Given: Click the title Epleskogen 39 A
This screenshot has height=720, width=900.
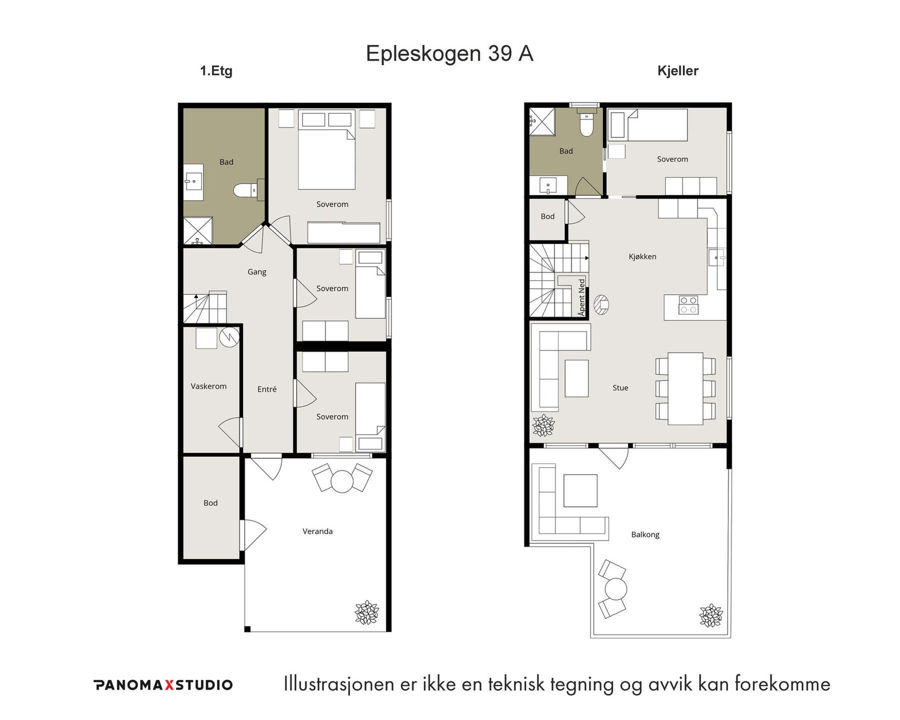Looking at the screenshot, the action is [449, 53].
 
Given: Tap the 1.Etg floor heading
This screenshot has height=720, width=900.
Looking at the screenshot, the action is [216, 71].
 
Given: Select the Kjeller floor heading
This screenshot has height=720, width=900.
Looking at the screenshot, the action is [678, 71].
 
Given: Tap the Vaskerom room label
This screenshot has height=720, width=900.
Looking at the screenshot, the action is [209, 386].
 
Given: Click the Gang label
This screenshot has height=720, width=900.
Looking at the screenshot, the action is [257, 272].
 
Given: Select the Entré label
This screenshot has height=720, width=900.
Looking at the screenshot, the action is [267, 389].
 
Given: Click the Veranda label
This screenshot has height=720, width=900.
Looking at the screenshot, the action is [318, 532].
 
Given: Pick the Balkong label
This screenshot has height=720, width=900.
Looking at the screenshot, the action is [645, 535].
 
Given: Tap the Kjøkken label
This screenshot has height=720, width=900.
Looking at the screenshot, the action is [642, 256].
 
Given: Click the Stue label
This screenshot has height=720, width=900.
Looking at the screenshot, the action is [620, 388].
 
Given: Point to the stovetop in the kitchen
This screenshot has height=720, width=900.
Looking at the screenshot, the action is [688, 305].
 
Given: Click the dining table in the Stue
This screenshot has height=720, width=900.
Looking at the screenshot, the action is [685, 388].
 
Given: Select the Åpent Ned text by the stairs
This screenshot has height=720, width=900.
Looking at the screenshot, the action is [582, 297].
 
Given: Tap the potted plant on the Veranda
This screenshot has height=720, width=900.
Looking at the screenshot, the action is [367, 613].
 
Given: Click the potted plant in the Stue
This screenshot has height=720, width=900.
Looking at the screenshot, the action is [543, 425].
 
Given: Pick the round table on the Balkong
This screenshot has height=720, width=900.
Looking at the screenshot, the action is [615, 589].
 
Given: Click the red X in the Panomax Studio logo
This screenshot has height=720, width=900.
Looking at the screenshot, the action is [169, 685].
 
